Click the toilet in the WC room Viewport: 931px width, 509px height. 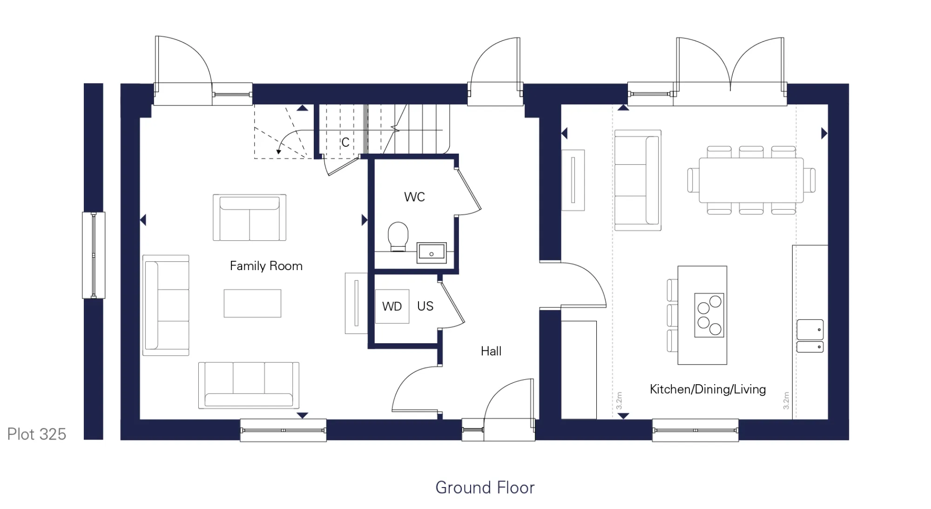(398, 236)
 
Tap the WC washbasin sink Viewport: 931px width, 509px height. (432, 252)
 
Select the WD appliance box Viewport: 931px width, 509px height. (392, 306)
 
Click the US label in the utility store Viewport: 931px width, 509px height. (425, 306)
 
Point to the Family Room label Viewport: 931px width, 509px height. (266, 266)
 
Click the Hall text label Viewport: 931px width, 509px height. (491, 351)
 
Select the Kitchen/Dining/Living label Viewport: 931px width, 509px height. (707, 389)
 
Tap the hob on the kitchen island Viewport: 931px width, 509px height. (709, 315)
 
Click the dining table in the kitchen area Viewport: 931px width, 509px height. (751, 180)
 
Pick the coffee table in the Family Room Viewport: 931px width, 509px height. (252, 304)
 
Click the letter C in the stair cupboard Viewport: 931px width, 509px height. (345, 143)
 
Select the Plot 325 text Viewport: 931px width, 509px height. (36, 434)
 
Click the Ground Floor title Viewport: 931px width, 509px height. (485, 488)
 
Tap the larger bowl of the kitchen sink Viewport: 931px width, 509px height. (810, 329)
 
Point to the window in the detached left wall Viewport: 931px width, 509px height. (94, 255)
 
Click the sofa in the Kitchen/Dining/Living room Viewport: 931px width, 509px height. (638, 180)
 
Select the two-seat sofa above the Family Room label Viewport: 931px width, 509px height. (250, 217)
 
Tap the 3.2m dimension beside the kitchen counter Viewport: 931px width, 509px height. (786, 400)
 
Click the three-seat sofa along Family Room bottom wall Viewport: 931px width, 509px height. (249, 385)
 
